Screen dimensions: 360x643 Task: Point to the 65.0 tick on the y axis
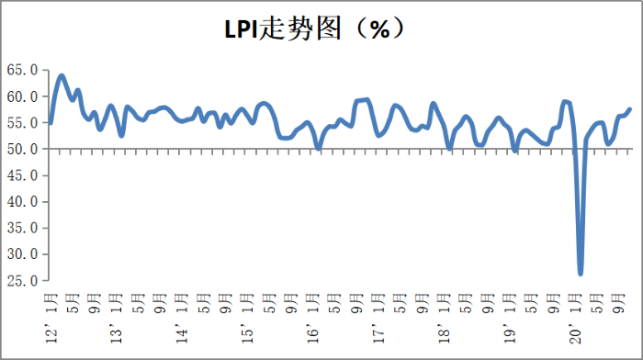click(x=22, y=70)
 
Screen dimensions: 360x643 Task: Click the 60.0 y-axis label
click(x=22, y=96)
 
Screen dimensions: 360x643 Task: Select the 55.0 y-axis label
click(x=22, y=123)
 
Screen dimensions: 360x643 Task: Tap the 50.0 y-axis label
click(x=22, y=149)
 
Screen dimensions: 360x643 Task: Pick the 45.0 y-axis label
click(x=22, y=175)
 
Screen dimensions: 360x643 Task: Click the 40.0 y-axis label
click(x=22, y=202)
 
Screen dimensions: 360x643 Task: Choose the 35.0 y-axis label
click(x=22, y=228)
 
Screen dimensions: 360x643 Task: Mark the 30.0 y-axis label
click(x=22, y=254)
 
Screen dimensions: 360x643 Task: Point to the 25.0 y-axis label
click(x=22, y=281)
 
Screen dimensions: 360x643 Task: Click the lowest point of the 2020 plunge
click(x=581, y=274)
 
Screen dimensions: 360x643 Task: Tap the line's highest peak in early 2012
click(x=62, y=75)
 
